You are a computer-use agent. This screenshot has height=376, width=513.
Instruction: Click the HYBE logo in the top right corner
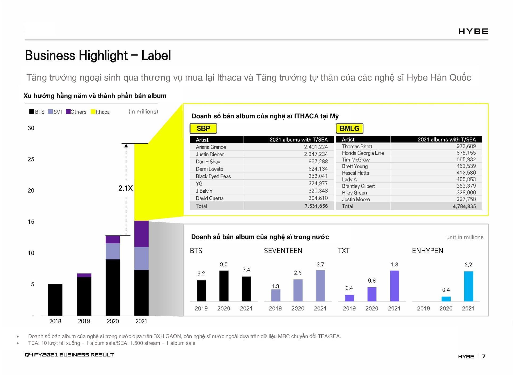[x=473, y=31]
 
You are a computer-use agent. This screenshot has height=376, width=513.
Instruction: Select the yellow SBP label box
[x=203, y=129]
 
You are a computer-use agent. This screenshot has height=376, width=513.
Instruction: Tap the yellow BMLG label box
[x=349, y=129]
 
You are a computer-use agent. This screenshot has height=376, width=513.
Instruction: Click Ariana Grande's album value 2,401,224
[x=316, y=147]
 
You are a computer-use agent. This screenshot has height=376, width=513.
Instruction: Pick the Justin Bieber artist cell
[x=210, y=154]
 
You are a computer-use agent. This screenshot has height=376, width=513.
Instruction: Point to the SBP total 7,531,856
[x=316, y=206]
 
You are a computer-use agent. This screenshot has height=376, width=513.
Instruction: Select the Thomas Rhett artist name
[x=357, y=146]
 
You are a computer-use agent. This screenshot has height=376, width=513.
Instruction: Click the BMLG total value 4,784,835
[x=464, y=206]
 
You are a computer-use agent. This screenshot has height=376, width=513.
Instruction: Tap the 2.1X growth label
[x=125, y=188]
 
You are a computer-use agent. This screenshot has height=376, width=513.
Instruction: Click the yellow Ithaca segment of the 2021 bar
[x=141, y=182]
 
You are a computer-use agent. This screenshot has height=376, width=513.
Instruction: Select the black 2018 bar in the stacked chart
[x=55, y=300]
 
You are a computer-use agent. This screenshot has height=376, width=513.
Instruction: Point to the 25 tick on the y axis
[x=31, y=159]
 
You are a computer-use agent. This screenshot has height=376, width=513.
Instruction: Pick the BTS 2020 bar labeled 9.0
[x=224, y=286]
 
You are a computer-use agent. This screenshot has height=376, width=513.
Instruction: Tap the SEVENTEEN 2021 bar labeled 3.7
[x=320, y=286]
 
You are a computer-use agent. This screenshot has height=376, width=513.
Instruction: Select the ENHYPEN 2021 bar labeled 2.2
[x=468, y=286]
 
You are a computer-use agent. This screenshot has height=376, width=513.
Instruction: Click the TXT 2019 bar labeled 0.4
[x=349, y=298]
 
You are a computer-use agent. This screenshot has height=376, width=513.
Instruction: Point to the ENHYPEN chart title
[x=427, y=251]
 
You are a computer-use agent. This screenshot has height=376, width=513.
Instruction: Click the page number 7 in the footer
[x=483, y=356]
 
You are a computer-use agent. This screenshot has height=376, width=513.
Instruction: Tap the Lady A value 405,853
[x=466, y=179]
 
